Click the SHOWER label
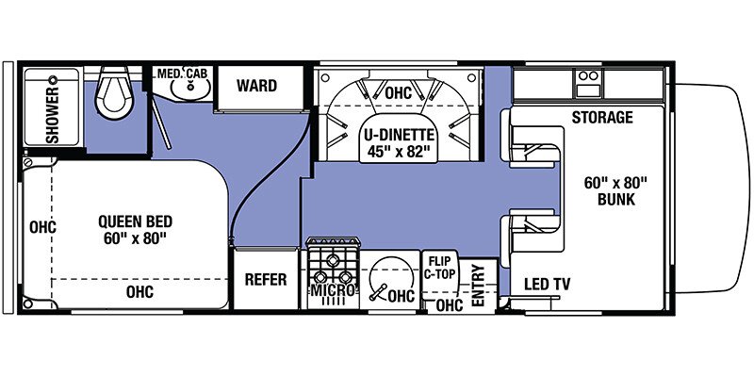tap(52, 114)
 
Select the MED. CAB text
tap(182, 74)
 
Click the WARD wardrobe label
tap(256, 86)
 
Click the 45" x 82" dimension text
tap(399, 152)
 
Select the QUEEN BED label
tap(135, 221)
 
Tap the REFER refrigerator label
tap(266, 279)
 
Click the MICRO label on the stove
tap(335, 290)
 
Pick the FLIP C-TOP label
tap(440, 268)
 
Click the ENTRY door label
tap(478, 286)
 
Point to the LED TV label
tap(548, 285)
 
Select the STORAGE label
tap(602, 117)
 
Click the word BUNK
tap(616, 200)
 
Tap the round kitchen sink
tap(390, 279)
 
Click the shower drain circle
tap(53, 79)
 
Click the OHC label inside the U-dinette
tap(399, 92)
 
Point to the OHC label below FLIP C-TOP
tap(451, 304)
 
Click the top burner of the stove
tap(332, 260)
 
